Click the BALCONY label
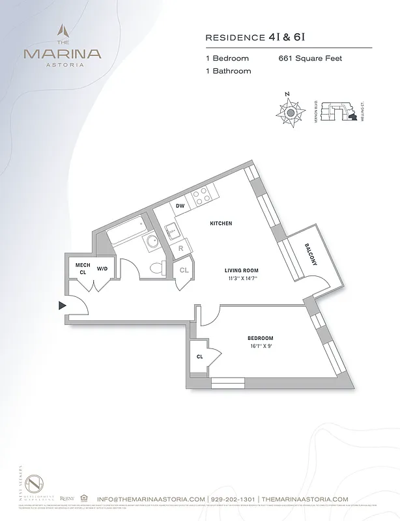310,255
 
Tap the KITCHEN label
221,223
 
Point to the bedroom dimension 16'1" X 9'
260,346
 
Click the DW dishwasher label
181,206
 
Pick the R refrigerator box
180,249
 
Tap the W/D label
102,268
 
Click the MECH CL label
83,269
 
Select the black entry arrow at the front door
63,305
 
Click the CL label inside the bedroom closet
199,356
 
